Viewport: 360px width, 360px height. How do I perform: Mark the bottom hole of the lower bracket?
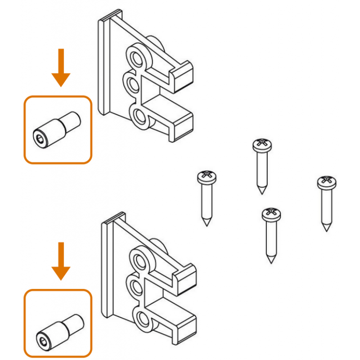coord(142,319)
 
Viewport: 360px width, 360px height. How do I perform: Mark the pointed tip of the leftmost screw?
coord(207,224)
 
